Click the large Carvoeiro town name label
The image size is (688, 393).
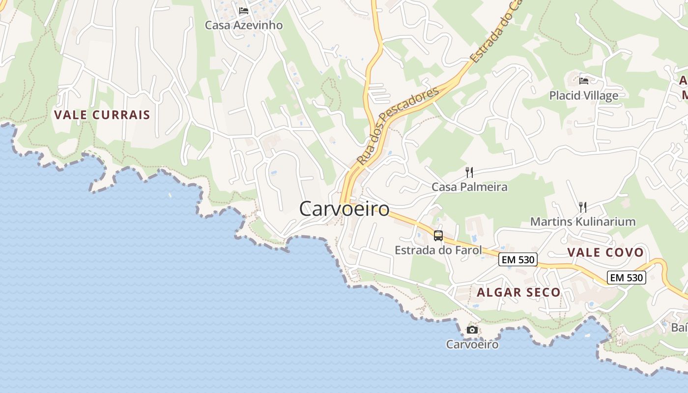pyautogui.click(x=344, y=209)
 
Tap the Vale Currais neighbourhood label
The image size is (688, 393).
pyautogui.click(x=102, y=115)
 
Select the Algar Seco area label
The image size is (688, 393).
pyautogui.click(x=518, y=292)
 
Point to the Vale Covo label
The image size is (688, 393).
pyautogui.click(x=605, y=253)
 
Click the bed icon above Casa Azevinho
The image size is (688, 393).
pyautogui.click(x=244, y=11)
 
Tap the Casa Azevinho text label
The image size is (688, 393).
pyautogui.click(x=244, y=25)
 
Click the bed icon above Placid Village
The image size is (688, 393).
pyautogui.click(x=584, y=81)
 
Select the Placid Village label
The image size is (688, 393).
pyautogui.click(x=584, y=95)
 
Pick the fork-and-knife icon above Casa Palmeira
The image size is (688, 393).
pyautogui.click(x=469, y=172)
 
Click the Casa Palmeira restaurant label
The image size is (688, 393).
pyautogui.click(x=469, y=187)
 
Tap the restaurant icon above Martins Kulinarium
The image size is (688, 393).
pyautogui.click(x=583, y=207)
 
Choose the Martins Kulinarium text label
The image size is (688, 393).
pyautogui.click(x=583, y=222)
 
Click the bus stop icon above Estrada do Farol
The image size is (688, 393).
pyautogui.click(x=438, y=236)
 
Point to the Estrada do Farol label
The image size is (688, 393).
pyautogui.click(x=438, y=251)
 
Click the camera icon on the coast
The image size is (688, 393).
pyautogui.click(x=472, y=330)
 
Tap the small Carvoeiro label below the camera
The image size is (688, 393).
pyautogui.click(x=472, y=344)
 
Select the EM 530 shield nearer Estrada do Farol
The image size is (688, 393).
pyautogui.click(x=518, y=259)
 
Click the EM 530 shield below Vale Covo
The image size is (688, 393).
pyautogui.click(x=626, y=278)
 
